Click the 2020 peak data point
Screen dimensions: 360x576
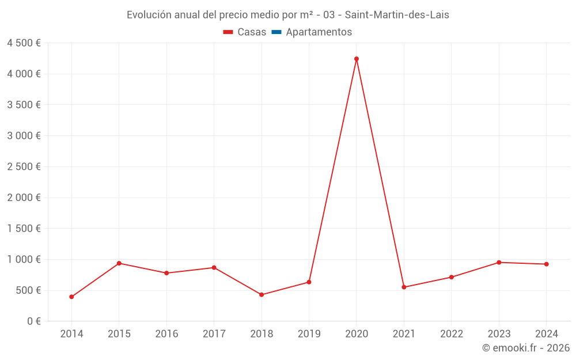click(357, 59)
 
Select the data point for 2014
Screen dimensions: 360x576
click(71, 297)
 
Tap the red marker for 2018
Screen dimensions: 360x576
click(262, 294)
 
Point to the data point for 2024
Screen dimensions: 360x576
click(546, 264)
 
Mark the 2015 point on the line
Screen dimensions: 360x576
click(119, 263)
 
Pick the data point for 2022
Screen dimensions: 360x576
click(452, 277)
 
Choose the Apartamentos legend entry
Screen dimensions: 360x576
click(319, 32)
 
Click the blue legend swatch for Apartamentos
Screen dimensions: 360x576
click(276, 32)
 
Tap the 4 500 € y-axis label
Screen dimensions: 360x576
click(24, 43)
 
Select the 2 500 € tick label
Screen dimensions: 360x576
click(24, 167)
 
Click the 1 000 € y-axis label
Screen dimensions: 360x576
click(24, 260)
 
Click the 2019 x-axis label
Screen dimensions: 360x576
click(309, 334)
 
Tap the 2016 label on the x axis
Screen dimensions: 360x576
click(166, 334)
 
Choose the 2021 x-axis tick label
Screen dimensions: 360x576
click(404, 334)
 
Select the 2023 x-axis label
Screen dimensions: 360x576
click(499, 334)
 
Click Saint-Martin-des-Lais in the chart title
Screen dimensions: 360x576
click(397, 15)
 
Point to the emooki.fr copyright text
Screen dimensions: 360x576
click(526, 348)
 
